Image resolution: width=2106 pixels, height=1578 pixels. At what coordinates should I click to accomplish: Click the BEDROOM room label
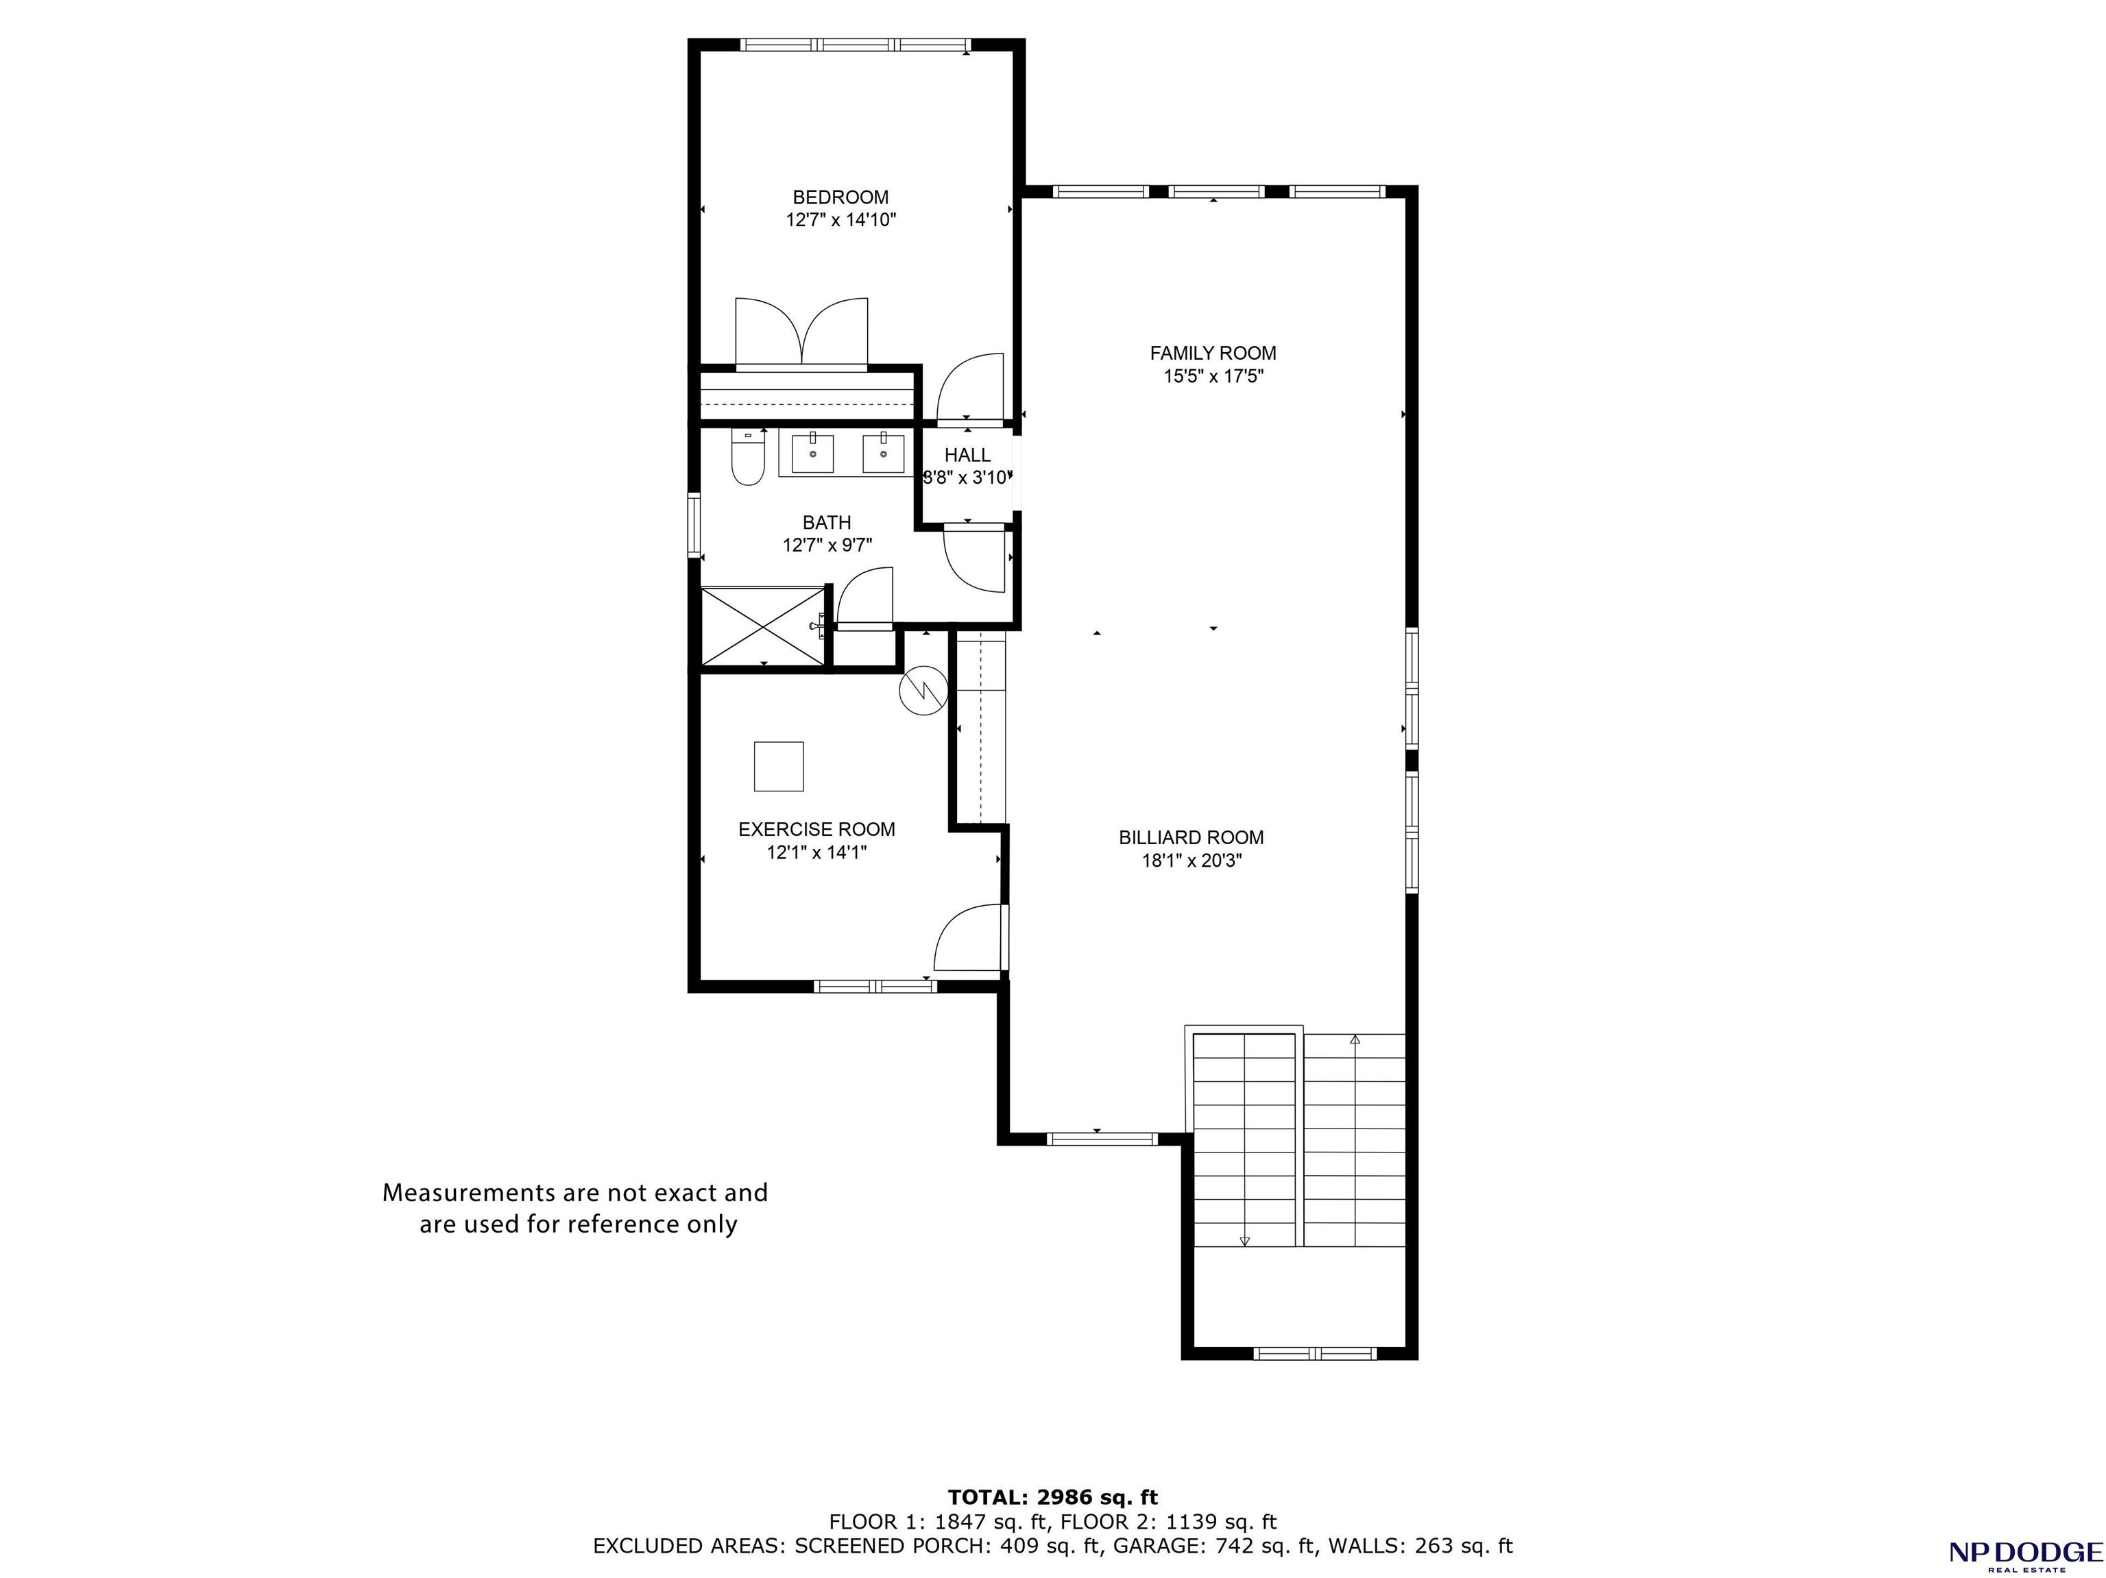click(x=840, y=197)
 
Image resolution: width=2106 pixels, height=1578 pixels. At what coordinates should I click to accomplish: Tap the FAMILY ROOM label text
click(x=1213, y=353)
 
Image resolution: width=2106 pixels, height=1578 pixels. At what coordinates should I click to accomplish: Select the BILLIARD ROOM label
click(x=1191, y=837)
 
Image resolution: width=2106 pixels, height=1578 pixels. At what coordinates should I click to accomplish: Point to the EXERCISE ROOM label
click(x=817, y=830)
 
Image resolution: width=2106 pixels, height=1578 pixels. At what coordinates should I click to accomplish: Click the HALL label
click(x=967, y=455)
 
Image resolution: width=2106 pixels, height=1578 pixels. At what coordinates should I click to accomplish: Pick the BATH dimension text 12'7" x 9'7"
click(x=827, y=545)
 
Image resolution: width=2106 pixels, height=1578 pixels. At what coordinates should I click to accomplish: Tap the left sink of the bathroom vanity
click(x=813, y=453)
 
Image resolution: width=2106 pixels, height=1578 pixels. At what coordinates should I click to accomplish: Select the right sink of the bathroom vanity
click(x=884, y=453)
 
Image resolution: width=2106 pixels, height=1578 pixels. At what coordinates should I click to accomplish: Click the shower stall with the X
click(x=764, y=626)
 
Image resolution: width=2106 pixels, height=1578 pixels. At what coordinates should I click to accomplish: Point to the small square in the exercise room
click(x=779, y=766)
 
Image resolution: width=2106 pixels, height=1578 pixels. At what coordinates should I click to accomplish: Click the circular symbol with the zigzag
click(x=923, y=691)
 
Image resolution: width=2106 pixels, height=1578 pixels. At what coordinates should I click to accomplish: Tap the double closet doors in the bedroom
click(x=801, y=333)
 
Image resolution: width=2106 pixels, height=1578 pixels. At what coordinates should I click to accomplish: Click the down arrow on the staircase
click(x=1244, y=1240)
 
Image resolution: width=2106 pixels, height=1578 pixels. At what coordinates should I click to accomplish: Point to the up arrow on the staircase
click(x=1355, y=1039)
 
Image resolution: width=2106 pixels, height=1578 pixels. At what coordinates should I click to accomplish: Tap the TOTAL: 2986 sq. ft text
click(x=1052, y=1497)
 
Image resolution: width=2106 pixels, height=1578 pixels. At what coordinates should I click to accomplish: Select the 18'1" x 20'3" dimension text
click(x=1192, y=861)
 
